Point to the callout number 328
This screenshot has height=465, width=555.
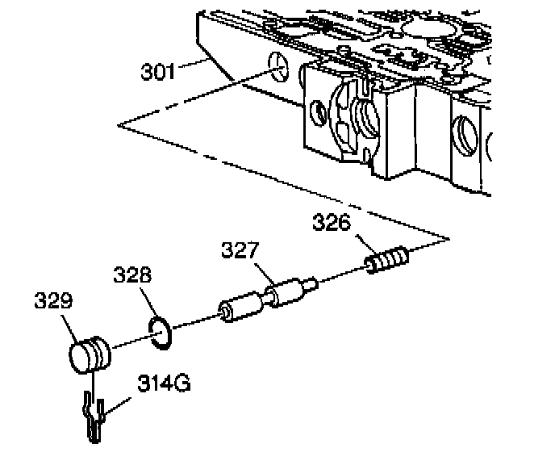coord(132,274)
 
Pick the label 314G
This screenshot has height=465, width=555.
coord(164,383)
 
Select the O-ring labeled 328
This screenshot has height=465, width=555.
coord(161,333)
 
